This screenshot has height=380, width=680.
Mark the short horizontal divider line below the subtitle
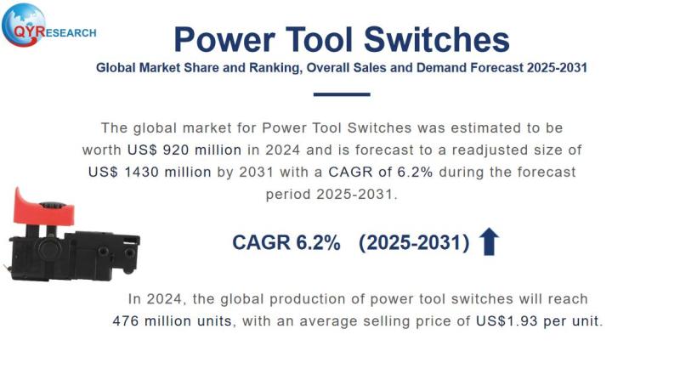pyautogui.click(x=341, y=94)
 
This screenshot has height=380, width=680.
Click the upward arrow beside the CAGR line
pyautogui.click(x=489, y=242)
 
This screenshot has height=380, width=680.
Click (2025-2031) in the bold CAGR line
pyautogui.click(x=414, y=243)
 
